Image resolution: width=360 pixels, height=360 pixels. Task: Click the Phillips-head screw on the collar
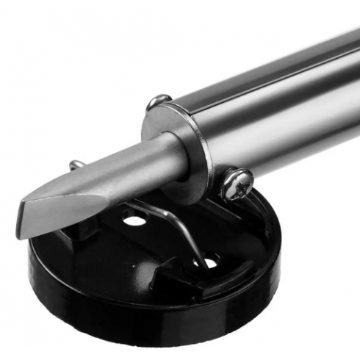point(237,183)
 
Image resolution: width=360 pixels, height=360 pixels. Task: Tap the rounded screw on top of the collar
point(159,102)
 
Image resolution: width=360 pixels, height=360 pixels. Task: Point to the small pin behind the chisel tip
point(76,165)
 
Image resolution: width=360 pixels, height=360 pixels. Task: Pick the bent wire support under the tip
point(180,228)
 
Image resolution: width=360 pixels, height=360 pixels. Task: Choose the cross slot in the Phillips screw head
point(237,182)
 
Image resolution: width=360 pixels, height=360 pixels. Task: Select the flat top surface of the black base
point(242,235)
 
